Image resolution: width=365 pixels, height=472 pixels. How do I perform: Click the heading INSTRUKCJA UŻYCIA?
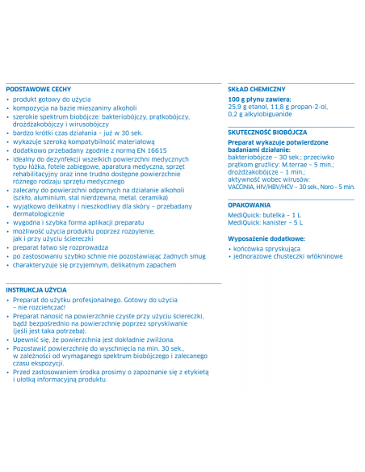36,289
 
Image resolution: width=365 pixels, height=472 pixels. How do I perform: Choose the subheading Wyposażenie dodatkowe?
266,239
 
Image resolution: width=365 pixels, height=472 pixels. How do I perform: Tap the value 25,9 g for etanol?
237,107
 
